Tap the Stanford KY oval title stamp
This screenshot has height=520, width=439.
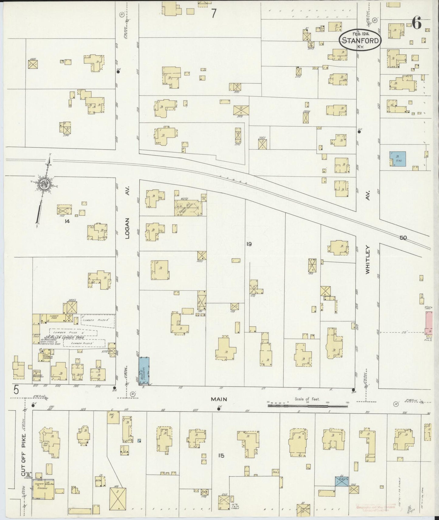360,41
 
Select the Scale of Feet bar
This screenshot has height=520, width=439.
307,404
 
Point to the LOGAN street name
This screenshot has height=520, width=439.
127,228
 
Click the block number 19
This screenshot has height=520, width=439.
249,244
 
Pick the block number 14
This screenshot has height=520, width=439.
67,221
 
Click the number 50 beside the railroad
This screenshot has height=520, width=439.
403,238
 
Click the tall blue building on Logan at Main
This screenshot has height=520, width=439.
144,371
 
